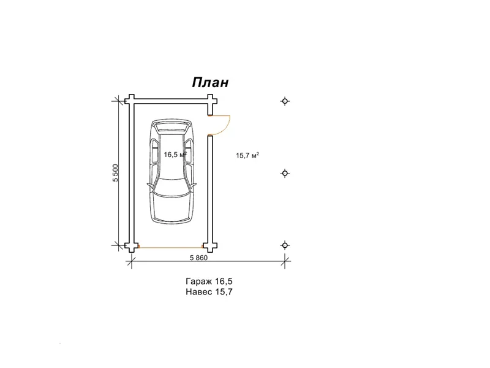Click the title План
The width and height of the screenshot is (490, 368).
click(210, 83)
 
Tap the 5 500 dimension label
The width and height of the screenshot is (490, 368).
click(116, 173)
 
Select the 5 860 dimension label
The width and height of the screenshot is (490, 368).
click(198, 258)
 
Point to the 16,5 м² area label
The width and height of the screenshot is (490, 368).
click(175, 155)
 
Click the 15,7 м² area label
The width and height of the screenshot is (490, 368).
click(247, 155)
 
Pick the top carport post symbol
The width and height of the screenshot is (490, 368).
click(285, 101)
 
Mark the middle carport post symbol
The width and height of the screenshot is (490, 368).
click(285, 173)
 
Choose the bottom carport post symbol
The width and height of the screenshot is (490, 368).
click(285, 245)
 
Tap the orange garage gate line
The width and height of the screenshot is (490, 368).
click(171, 248)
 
